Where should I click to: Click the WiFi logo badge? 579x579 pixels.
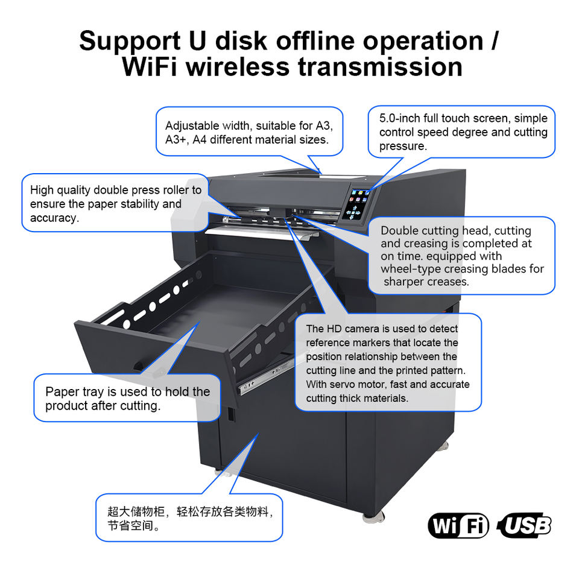(x=458, y=526)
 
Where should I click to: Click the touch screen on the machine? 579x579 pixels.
(x=356, y=202)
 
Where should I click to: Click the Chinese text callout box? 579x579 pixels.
(x=189, y=518)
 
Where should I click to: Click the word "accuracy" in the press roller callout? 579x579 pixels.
(x=54, y=218)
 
